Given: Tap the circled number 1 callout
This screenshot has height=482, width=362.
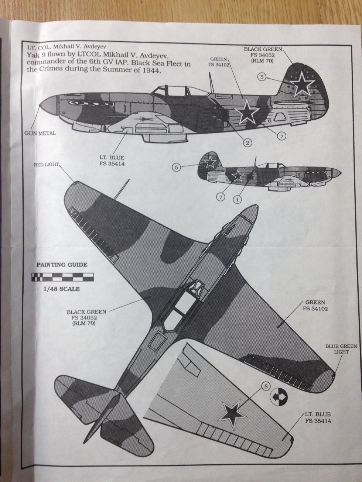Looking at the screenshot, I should [x=238, y=199].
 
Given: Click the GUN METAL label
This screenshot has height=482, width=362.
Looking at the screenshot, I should [x=40, y=133].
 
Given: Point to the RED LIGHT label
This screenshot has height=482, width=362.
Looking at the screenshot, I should [x=47, y=165].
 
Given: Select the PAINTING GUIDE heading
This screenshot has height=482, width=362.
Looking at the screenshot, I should [x=62, y=265].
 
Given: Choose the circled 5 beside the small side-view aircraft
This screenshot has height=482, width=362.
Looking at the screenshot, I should [x=177, y=168].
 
